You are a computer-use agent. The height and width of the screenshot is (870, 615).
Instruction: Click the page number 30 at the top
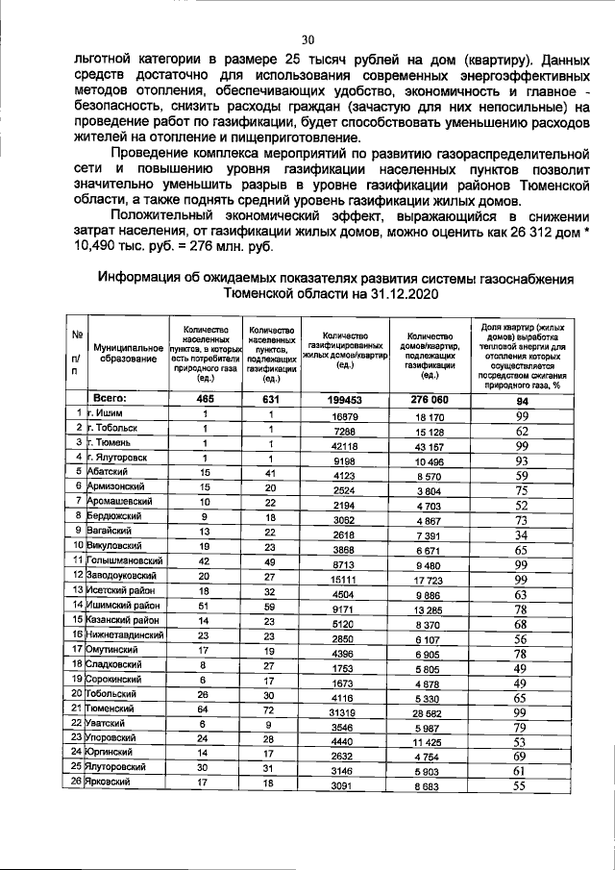pyautogui.click(x=308, y=39)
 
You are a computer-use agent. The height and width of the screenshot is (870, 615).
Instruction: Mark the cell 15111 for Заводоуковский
pyautogui.click(x=344, y=578)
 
